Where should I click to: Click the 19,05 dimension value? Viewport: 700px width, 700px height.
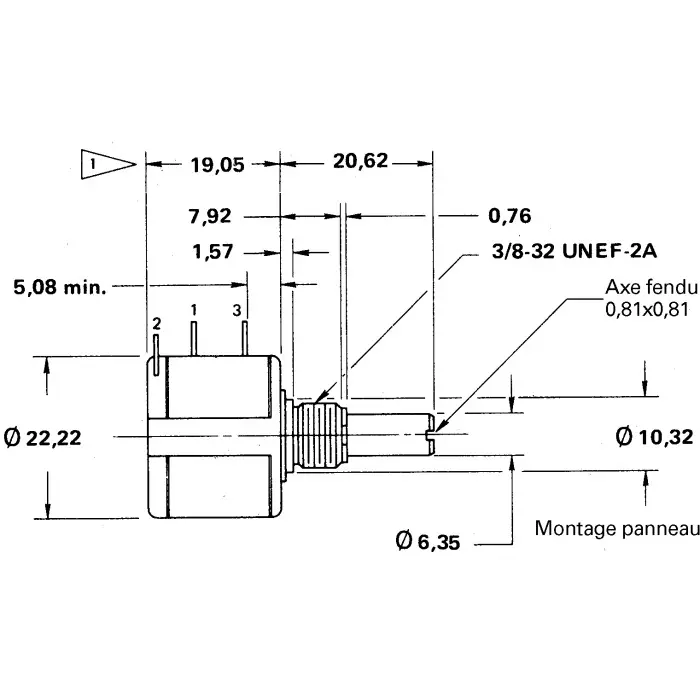(x=217, y=165)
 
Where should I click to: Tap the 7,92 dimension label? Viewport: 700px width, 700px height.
(x=210, y=214)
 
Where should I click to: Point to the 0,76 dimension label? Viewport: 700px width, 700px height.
(x=509, y=215)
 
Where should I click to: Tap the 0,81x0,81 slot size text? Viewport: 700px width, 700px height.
(x=647, y=310)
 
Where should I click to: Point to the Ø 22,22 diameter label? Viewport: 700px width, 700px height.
(x=57, y=437)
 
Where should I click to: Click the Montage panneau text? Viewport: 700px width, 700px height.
(x=614, y=528)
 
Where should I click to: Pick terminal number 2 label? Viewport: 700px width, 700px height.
(x=157, y=324)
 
